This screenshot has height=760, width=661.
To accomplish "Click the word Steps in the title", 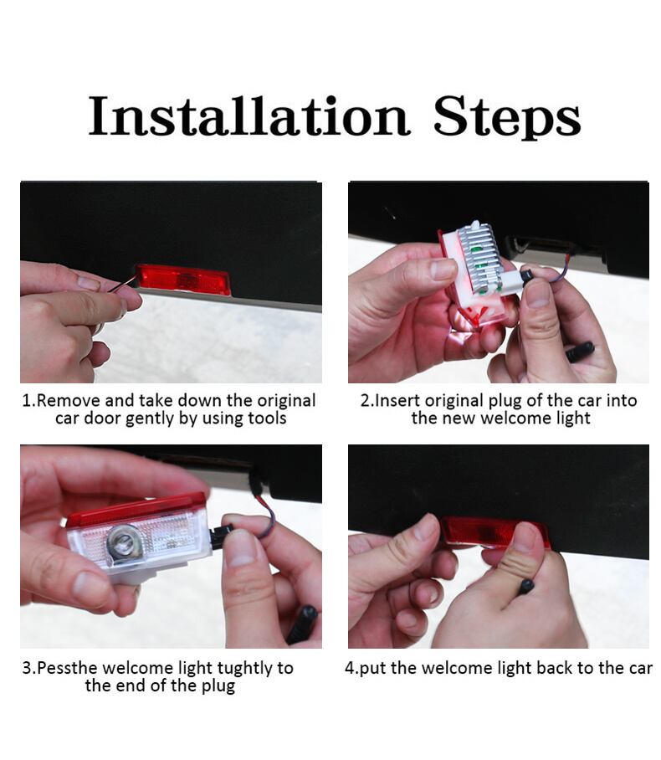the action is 507,117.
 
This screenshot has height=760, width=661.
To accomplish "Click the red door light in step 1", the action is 182,280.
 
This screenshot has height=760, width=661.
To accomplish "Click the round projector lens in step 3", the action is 126,541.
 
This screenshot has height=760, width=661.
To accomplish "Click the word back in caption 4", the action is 556,668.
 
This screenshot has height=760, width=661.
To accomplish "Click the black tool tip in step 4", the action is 526,587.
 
